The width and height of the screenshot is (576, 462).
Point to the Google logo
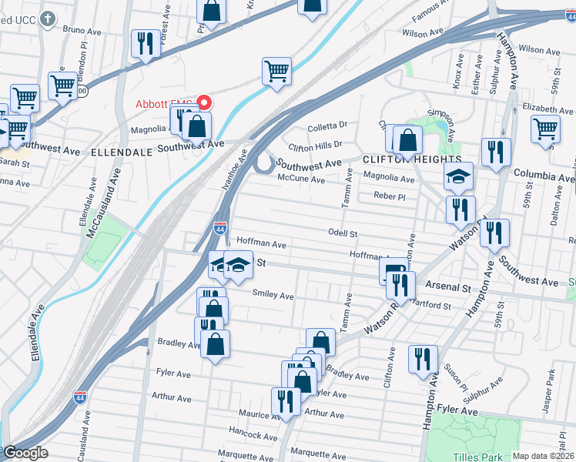(25, 453)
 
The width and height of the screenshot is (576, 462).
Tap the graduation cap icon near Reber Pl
(458, 177)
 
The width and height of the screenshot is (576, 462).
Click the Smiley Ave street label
(273, 295)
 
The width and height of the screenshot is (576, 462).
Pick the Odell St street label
(343, 233)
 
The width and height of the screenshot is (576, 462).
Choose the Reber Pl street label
(389, 196)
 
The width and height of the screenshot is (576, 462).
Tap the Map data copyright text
(542, 456)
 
